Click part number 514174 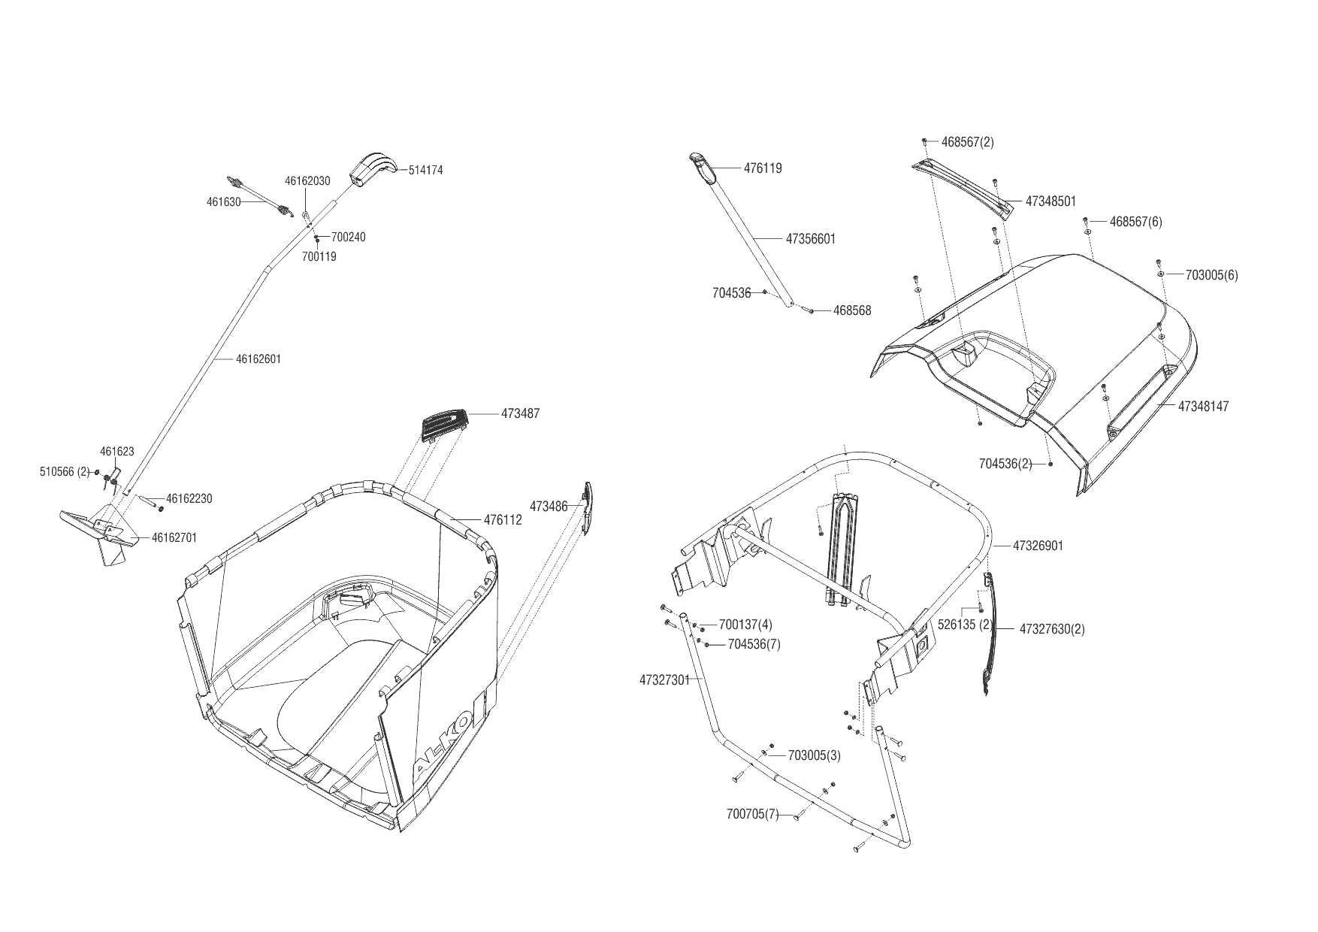coord(425,171)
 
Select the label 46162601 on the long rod coord(258,359)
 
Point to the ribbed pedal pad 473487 coord(445,422)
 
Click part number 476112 coord(503,520)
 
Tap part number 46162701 coord(174,537)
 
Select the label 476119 coord(763,168)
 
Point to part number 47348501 coord(1050,201)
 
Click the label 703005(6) coord(1211,275)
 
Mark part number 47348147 coord(1203,407)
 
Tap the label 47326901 coord(1038,546)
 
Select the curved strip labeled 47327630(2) coord(989,631)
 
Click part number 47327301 coord(664,680)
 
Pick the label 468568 coord(852,310)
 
